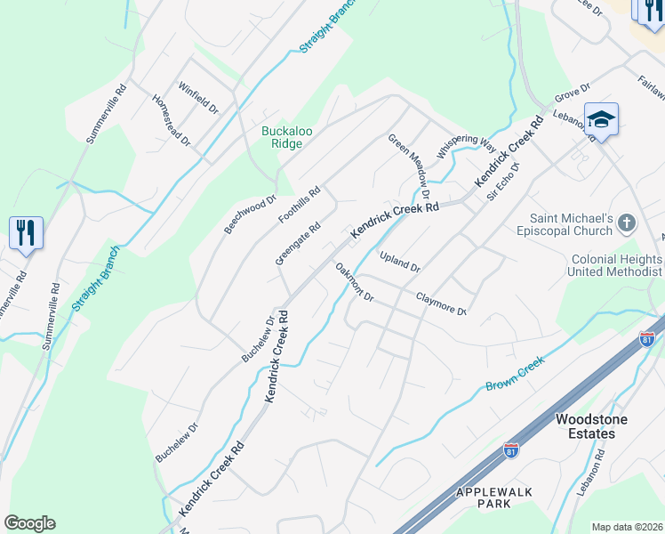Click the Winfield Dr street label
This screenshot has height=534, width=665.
pos(198,98)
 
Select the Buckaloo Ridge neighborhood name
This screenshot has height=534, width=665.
pos(286,137)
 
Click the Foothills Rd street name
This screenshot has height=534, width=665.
pos(299,206)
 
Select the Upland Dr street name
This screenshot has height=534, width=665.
pos(399,261)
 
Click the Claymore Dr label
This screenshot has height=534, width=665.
pos(442,303)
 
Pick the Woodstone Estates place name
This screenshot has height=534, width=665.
pos(585,426)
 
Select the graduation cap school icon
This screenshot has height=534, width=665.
pos(601,119)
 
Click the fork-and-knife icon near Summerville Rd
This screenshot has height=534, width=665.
pos(25,233)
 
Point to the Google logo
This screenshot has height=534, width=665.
pos(29,523)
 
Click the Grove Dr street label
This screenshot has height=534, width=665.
pos(573,93)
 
